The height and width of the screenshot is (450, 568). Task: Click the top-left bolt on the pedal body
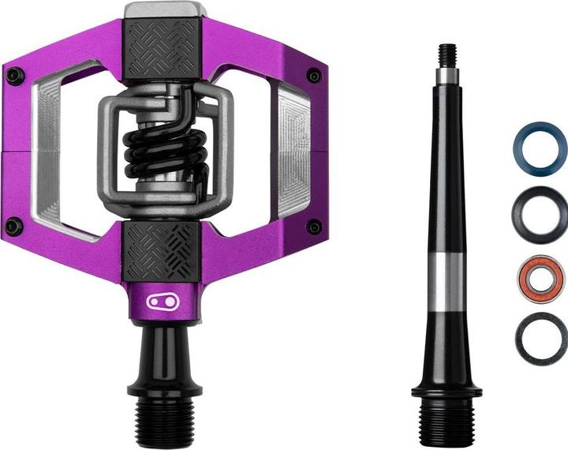(15, 76)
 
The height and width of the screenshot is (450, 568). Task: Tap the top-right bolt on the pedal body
(313, 76)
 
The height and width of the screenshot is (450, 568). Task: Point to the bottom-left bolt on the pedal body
(13, 226)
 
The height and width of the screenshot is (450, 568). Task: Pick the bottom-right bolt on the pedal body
(313, 227)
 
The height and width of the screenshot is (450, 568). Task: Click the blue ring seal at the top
(540, 148)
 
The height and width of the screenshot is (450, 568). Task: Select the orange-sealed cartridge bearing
(541, 277)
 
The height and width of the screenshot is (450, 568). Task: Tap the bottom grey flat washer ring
(541, 339)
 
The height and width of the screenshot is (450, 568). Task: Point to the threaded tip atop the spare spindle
(447, 54)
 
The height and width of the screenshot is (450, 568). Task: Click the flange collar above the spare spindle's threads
(447, 389)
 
